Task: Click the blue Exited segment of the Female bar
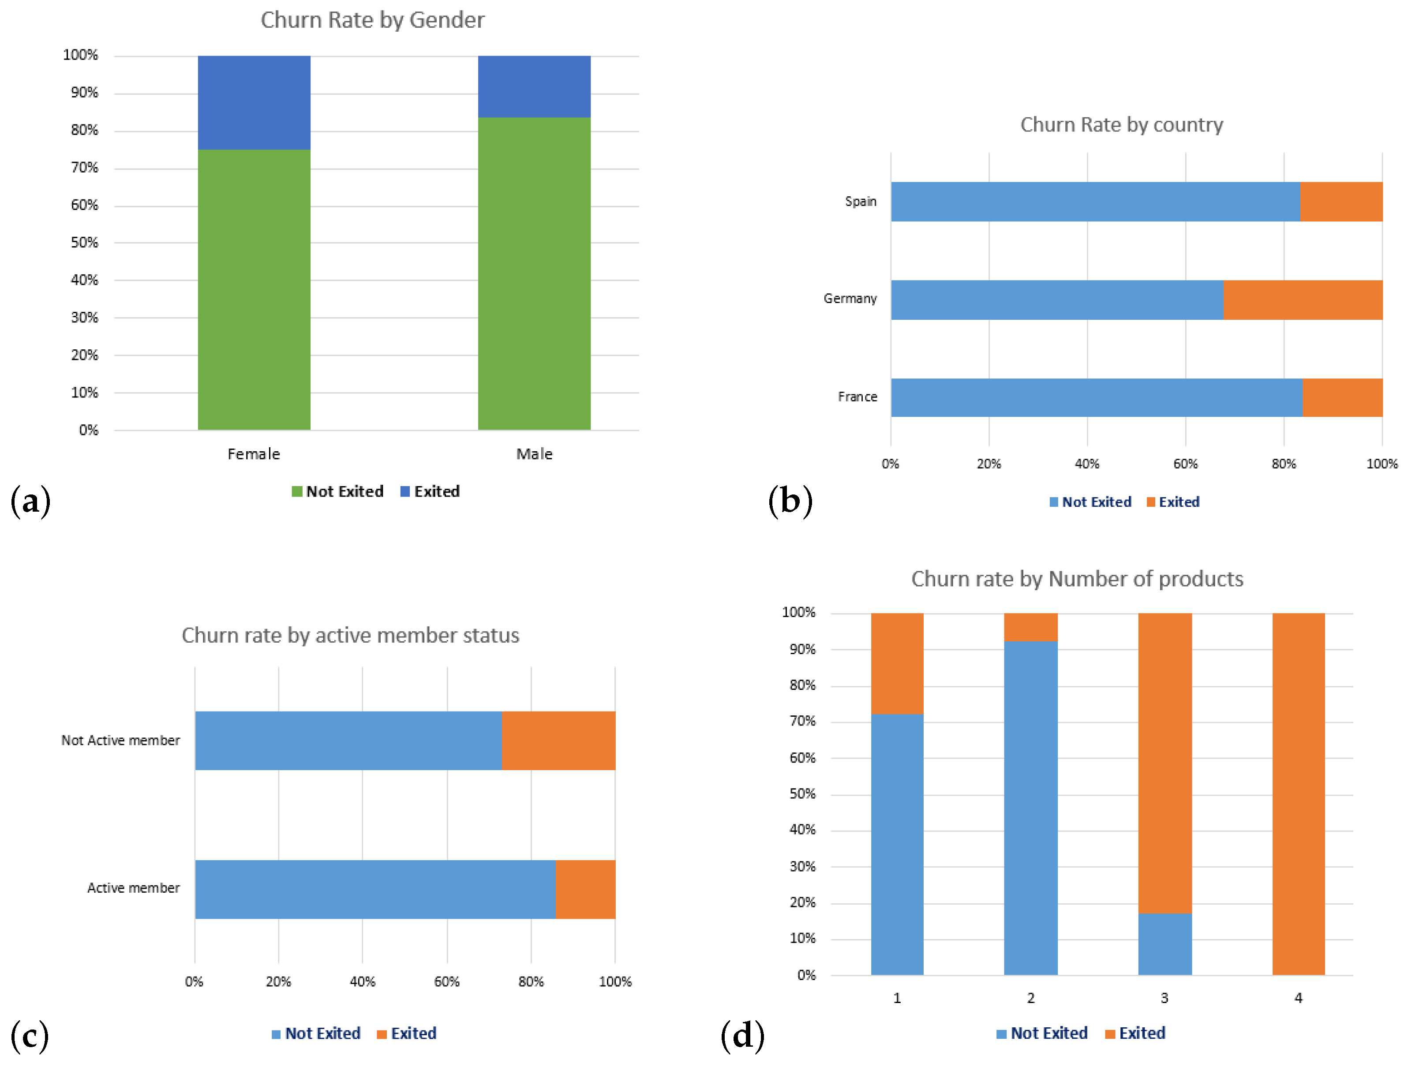(254, 102)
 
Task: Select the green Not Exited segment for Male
(534, 273)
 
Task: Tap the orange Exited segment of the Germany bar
(1303, 300)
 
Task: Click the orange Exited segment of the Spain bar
(1340, 202)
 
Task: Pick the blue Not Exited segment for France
(1096, 397)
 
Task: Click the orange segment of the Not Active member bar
(558, 741)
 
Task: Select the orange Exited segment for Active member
(585, 889)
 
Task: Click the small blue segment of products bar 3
(1164, 944)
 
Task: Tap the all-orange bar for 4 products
(1298, 794)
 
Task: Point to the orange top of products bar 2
(1031, 627)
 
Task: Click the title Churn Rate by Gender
(373, 20)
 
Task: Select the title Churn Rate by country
(1121, 124)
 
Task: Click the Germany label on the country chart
(850, 299)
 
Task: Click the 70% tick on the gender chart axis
(84, 168)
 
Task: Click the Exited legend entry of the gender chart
(430, 491)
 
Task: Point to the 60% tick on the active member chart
(446, 982)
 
